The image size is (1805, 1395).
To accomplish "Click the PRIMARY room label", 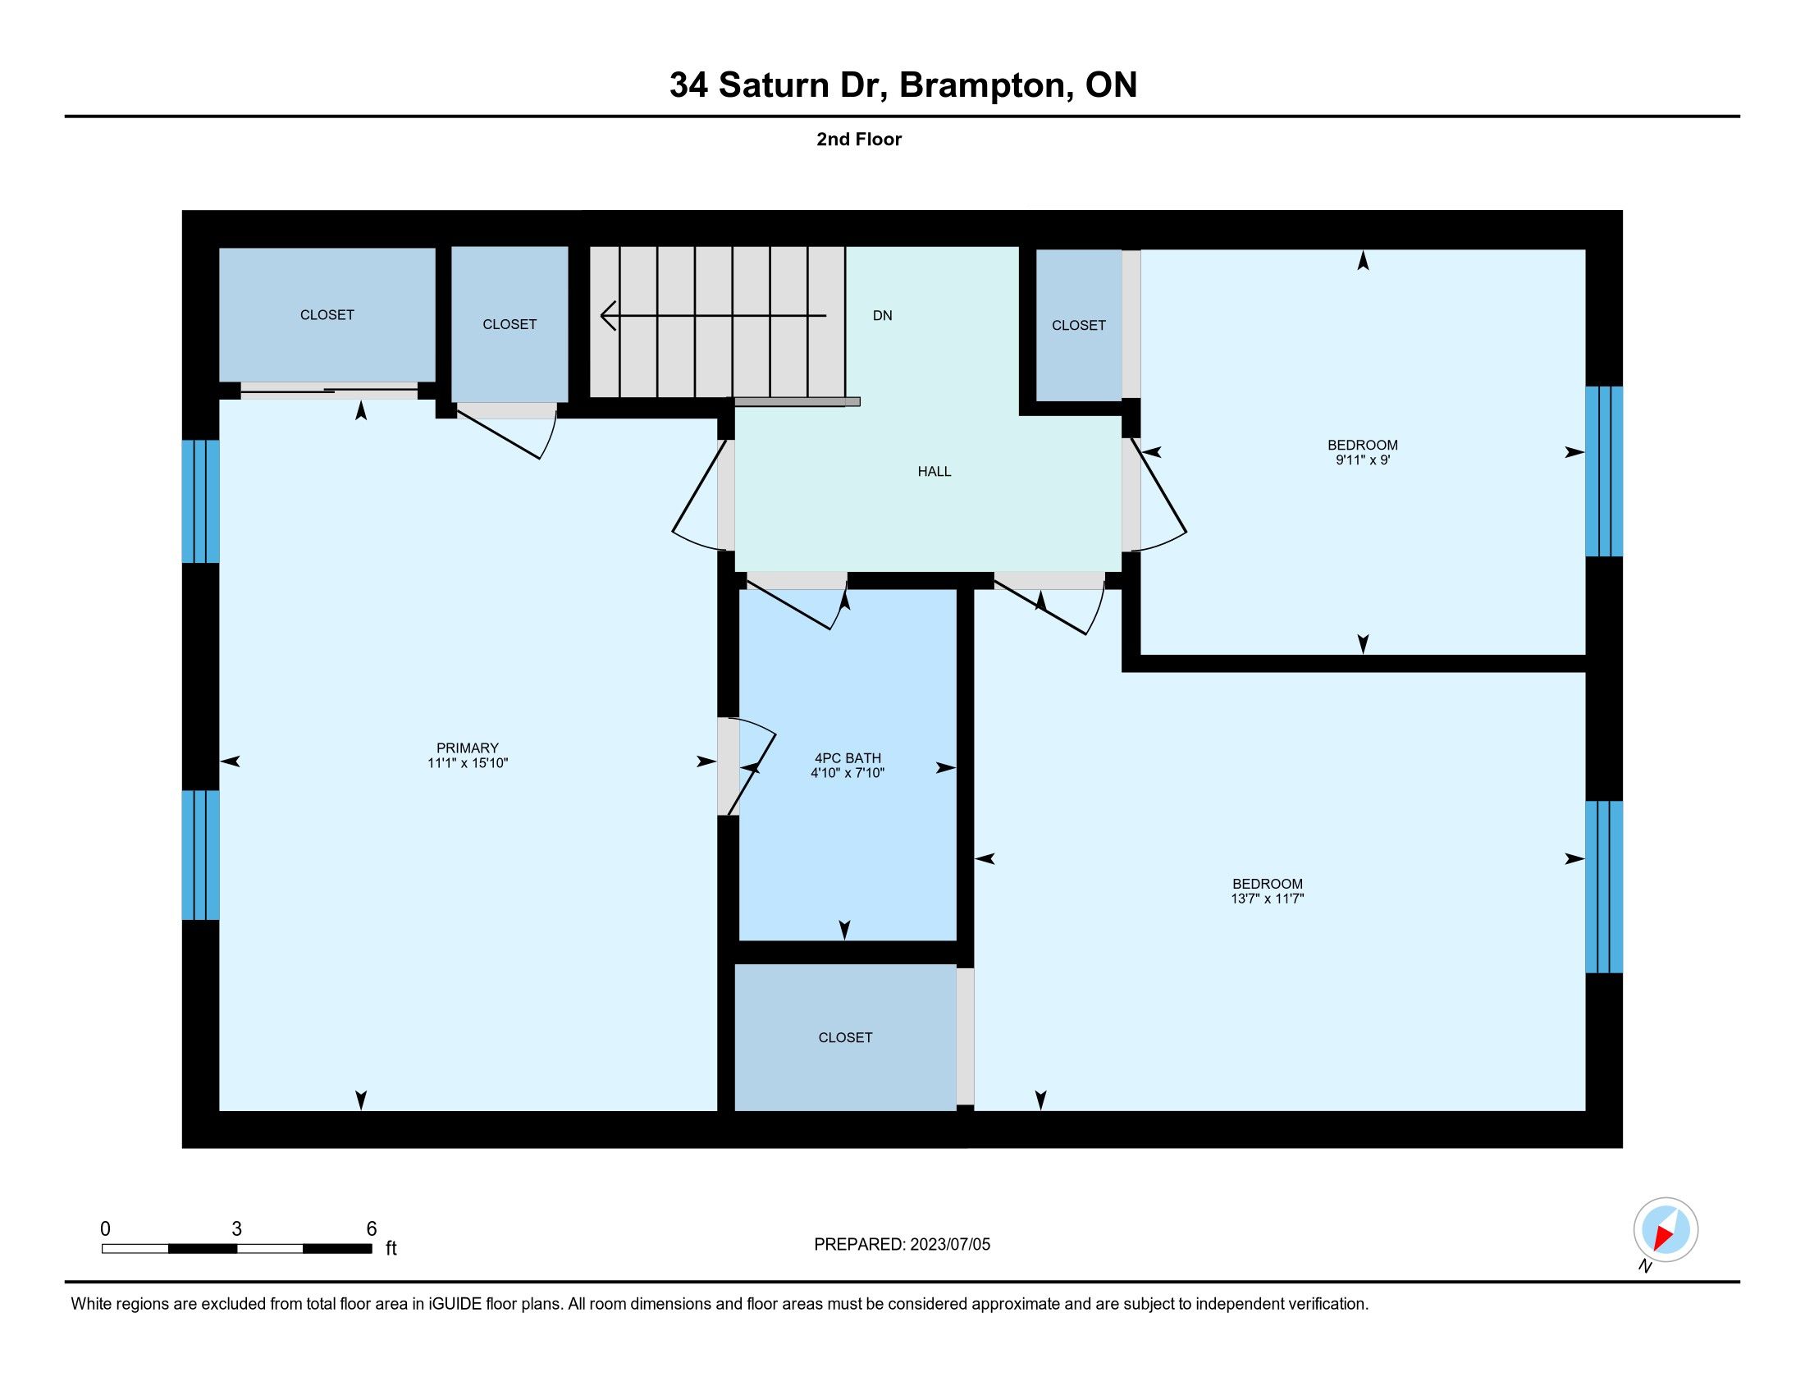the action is click(x=468, y=748).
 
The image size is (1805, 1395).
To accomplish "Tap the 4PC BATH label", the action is click(x=848, y=758).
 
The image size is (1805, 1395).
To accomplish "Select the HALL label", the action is click(x=934, y=471).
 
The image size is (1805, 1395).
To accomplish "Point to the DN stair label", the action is click(x=883, y=315).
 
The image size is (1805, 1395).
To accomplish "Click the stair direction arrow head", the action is click(x=608, y=316).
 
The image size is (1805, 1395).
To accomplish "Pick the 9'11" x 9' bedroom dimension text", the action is click(x=1363, y=460).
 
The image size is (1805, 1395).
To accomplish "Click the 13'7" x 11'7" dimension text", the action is click(x=1267, y=899).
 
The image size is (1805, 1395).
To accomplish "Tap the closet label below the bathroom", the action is click(x=844, y=1037).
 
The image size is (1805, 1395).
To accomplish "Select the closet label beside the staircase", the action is click(x=510, y=324).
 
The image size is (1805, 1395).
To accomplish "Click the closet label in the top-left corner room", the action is click(x=327, y=314).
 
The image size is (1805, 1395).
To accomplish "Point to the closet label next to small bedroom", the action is click(x=1079, y=325).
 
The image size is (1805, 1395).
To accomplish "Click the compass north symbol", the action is click(x=1666, y=1229).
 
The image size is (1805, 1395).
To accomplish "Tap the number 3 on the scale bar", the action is click(x=236, y=1229).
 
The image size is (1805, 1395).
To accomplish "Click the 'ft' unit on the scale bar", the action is click(x=391, y=1248).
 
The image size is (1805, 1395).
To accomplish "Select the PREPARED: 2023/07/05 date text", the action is click(x=902, y=1244).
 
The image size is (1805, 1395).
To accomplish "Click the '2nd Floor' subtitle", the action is click(x=859, y=139).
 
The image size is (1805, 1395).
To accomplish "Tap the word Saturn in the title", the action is click(x=774, y=85).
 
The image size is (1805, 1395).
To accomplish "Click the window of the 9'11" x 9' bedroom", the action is click(x=1604, y=471).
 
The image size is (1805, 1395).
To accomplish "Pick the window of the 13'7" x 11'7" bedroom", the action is click(x=1604, y=887).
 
